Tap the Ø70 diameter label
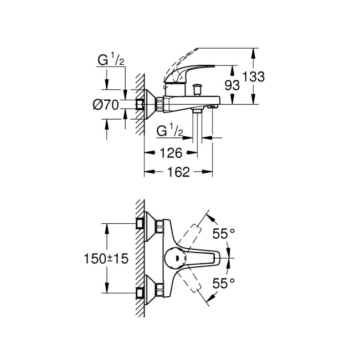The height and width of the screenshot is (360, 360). tap(107, 104)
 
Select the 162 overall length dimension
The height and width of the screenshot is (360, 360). tap(178, 172)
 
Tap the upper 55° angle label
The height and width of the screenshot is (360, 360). tap(223, 234)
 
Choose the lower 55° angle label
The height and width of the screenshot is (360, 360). tap(223, 283)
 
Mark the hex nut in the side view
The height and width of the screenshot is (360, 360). tap(160, 103)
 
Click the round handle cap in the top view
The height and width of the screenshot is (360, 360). tap(173, 258)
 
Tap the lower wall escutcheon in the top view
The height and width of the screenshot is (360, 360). tap(145, 289)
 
